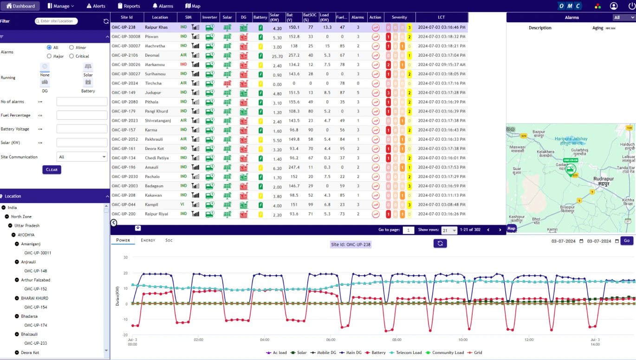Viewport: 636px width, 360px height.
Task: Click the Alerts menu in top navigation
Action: pos(96,6)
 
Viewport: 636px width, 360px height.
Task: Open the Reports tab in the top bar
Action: pos(129,6)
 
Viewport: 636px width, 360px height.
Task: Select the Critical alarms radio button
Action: pos(71,56)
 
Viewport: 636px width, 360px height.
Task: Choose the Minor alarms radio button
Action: pos(71,47)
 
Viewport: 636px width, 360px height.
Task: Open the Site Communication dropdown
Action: pos(82,157)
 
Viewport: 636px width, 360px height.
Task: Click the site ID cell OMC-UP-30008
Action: pos(126,37)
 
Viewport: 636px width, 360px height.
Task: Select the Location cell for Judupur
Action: pos(153,92)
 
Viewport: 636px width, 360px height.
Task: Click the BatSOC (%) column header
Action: pos(309,17)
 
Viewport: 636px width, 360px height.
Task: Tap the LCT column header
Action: pos(441,17)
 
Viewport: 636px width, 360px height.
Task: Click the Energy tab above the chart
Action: pos(148,240)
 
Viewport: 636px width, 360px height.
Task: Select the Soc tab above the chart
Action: pos(169,240)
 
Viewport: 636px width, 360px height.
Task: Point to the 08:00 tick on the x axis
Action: pos(396,340)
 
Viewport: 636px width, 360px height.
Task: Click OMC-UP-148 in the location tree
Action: pos(36,271)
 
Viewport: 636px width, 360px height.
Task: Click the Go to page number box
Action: pos(408,230)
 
